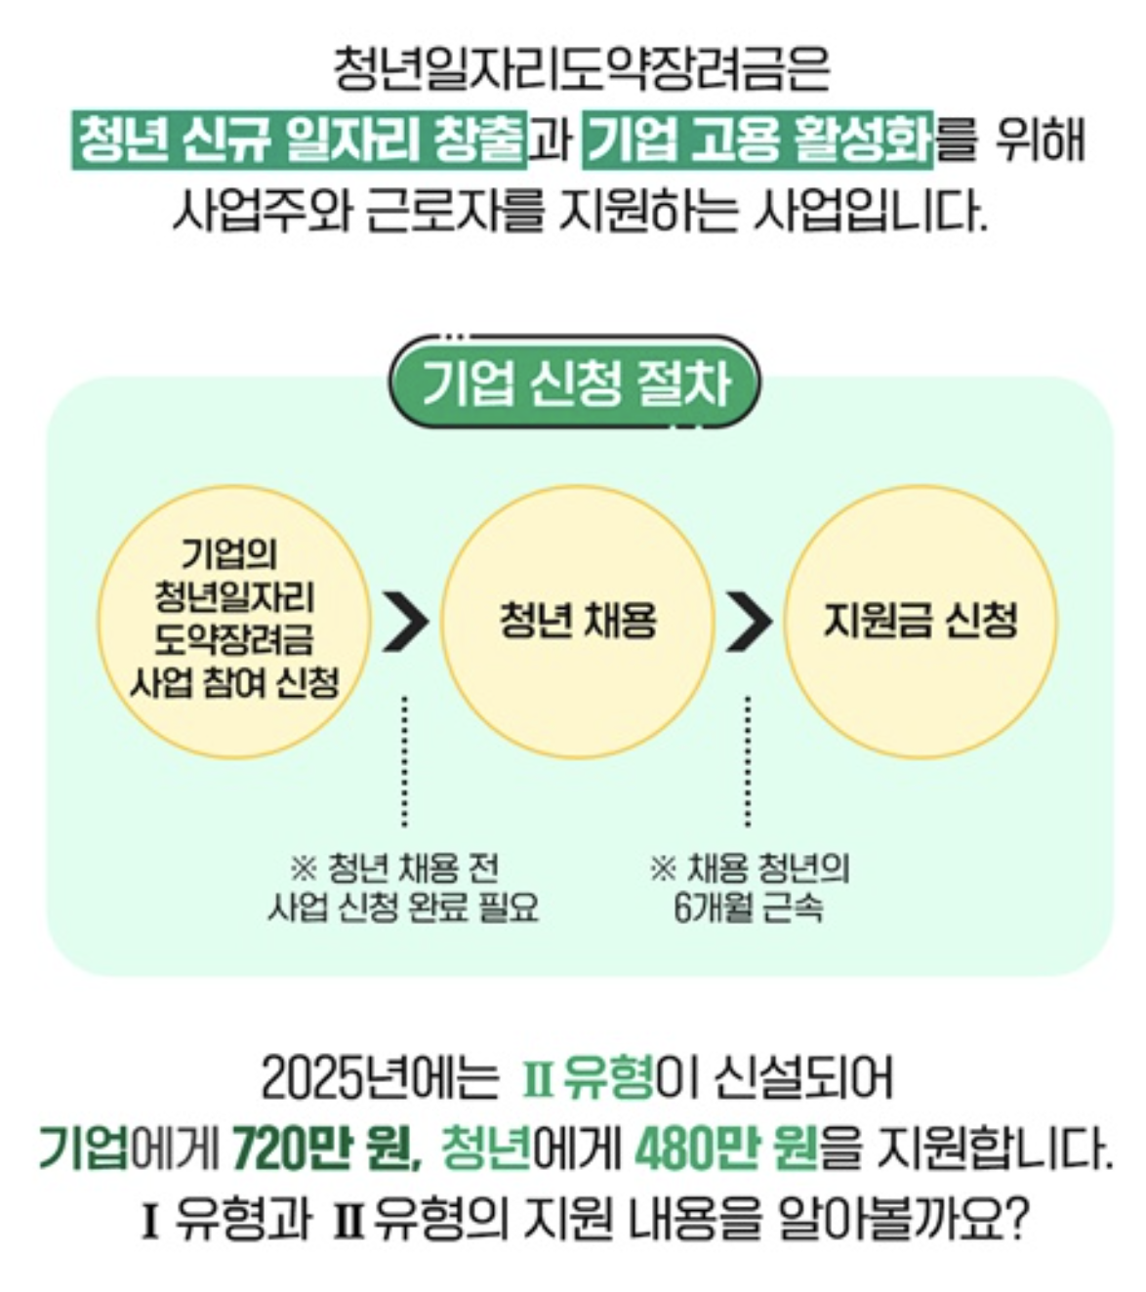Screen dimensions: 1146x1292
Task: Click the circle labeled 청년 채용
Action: tap(578, 621)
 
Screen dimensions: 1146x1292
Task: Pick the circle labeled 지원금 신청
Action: tap(921, 621)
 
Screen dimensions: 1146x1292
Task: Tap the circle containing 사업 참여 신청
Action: tap(234, 621)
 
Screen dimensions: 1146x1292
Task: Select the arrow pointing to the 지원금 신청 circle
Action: tap(749, 621)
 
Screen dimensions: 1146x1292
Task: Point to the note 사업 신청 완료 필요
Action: tap(402, 908)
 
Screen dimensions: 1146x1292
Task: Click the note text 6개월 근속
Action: tap(749, 908)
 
